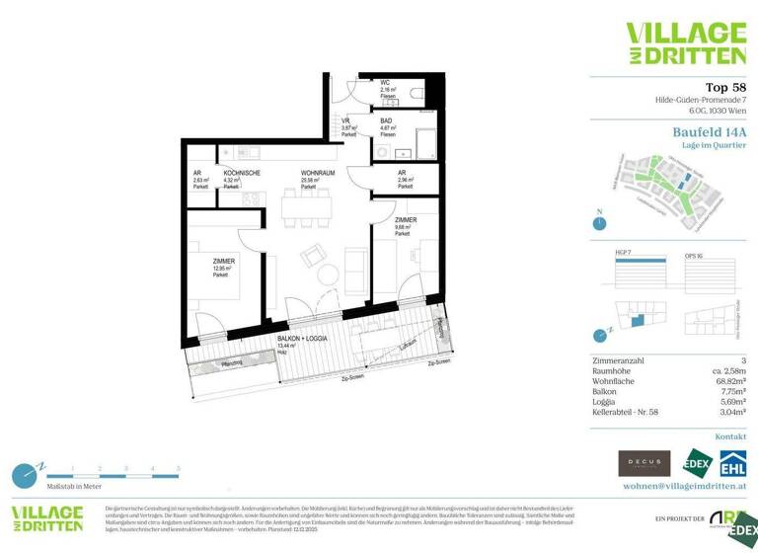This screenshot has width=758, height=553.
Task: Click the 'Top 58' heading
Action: [x=724, y=87]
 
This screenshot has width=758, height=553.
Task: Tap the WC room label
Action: [x=387, y=84]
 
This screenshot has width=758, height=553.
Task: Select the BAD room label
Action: [x=387, y=121]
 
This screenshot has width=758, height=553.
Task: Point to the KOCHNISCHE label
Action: [x=242, y=173]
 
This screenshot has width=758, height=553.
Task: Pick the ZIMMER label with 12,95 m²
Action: [x=223, y=261]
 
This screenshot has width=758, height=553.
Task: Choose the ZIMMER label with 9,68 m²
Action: [x=405, y=219]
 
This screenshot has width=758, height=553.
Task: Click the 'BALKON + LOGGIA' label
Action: [x=302, y=338]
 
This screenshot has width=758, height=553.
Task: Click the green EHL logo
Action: [x=731, y=463]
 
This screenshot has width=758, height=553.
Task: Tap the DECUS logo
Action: [x=644, y=463]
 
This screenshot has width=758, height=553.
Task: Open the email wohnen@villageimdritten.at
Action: [x=684, y=486]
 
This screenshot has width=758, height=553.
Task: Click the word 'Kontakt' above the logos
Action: [x=730, y=435]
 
